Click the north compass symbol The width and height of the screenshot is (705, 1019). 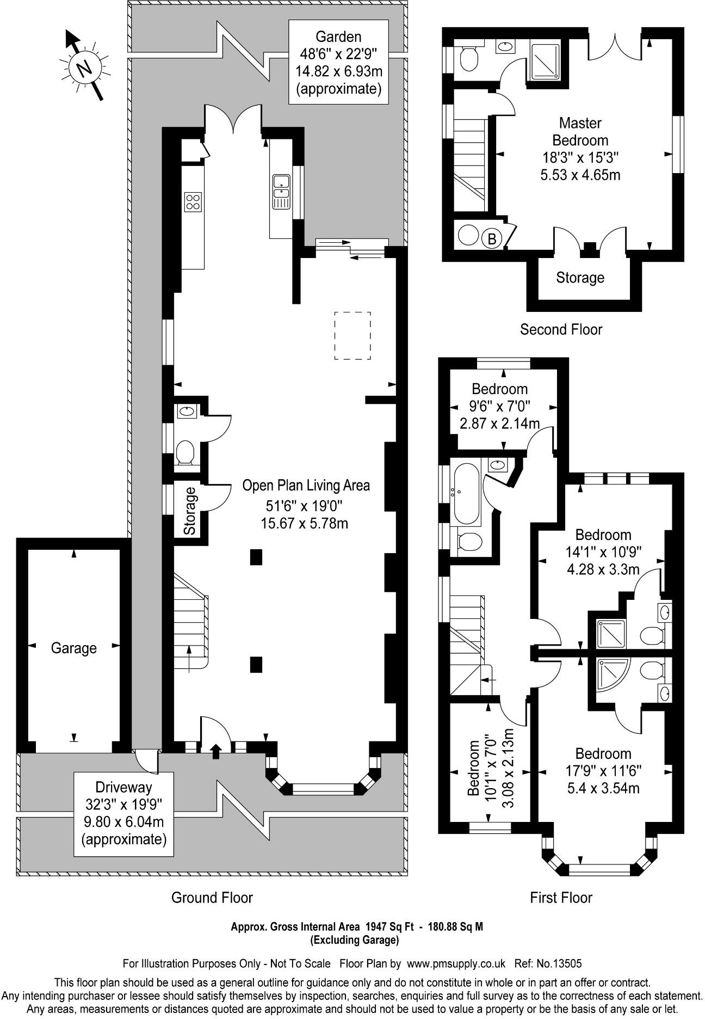(x=84, y=68)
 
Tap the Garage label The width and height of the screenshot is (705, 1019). (x=73, y=648)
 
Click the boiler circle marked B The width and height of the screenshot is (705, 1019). (x=492, y=238)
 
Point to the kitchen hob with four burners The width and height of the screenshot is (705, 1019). (x=193, y=202)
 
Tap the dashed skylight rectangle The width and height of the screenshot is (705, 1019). (x=352, y=335)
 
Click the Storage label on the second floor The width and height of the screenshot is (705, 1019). (x=580, y=278)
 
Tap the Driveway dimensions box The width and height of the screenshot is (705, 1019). (x=124, y=813)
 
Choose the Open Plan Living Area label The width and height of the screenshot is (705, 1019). (x=306, y=485)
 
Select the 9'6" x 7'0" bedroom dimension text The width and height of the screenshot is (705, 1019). (x=500, y=406)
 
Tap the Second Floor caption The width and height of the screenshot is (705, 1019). (x=561, y=329)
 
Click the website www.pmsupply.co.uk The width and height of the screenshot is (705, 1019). (x=456, y=963)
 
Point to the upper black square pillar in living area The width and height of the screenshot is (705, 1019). (x=256, y=556)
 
